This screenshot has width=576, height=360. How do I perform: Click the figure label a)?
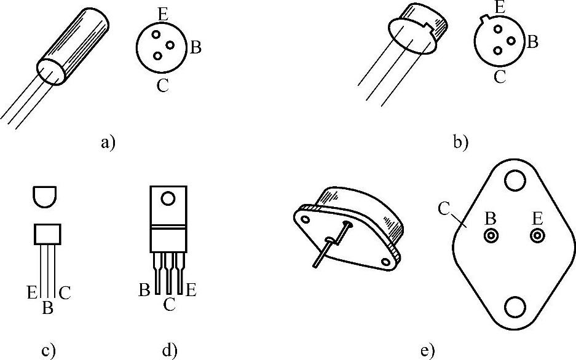[x=107, y=143]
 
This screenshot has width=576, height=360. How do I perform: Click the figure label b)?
[x=460, y=143]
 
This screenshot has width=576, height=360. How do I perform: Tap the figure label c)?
[x=48, y=351]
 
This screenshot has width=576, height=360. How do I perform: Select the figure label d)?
[x=169, y=351]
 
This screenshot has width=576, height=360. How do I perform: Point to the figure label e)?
[x=428, y=351]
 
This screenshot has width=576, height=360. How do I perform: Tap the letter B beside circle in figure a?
[x=195, y=48]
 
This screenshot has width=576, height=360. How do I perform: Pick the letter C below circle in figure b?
[x=500, y=77]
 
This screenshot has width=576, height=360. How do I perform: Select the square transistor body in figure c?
[x=47, y=234]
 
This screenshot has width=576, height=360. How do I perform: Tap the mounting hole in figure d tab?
[x=167, y=198]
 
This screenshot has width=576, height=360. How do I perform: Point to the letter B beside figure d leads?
[x=144, y=289]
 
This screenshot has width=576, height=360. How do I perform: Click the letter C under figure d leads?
[x=170, y=303]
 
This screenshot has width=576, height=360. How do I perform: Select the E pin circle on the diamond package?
[x=538, y=235]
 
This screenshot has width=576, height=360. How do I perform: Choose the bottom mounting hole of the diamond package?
[x=515, y=308]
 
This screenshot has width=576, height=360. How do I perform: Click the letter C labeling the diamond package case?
[x=444, y=208]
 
